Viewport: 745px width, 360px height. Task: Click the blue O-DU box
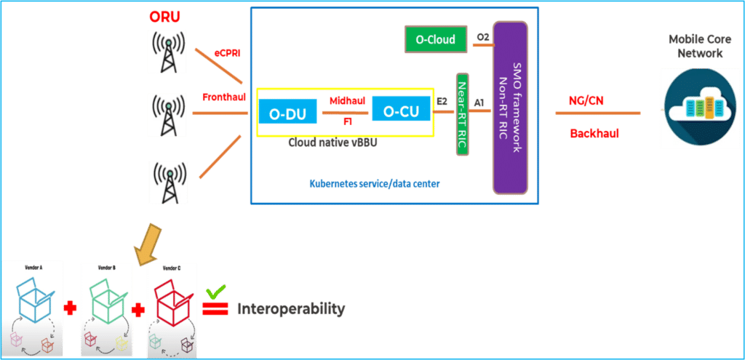287,113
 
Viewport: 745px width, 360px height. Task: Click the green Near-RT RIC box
461,114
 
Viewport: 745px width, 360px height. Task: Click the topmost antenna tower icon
167,52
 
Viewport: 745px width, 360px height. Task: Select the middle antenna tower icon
167,115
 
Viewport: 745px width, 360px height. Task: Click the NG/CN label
586,101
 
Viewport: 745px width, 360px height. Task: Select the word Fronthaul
223,97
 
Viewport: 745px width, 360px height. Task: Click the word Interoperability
290,309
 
